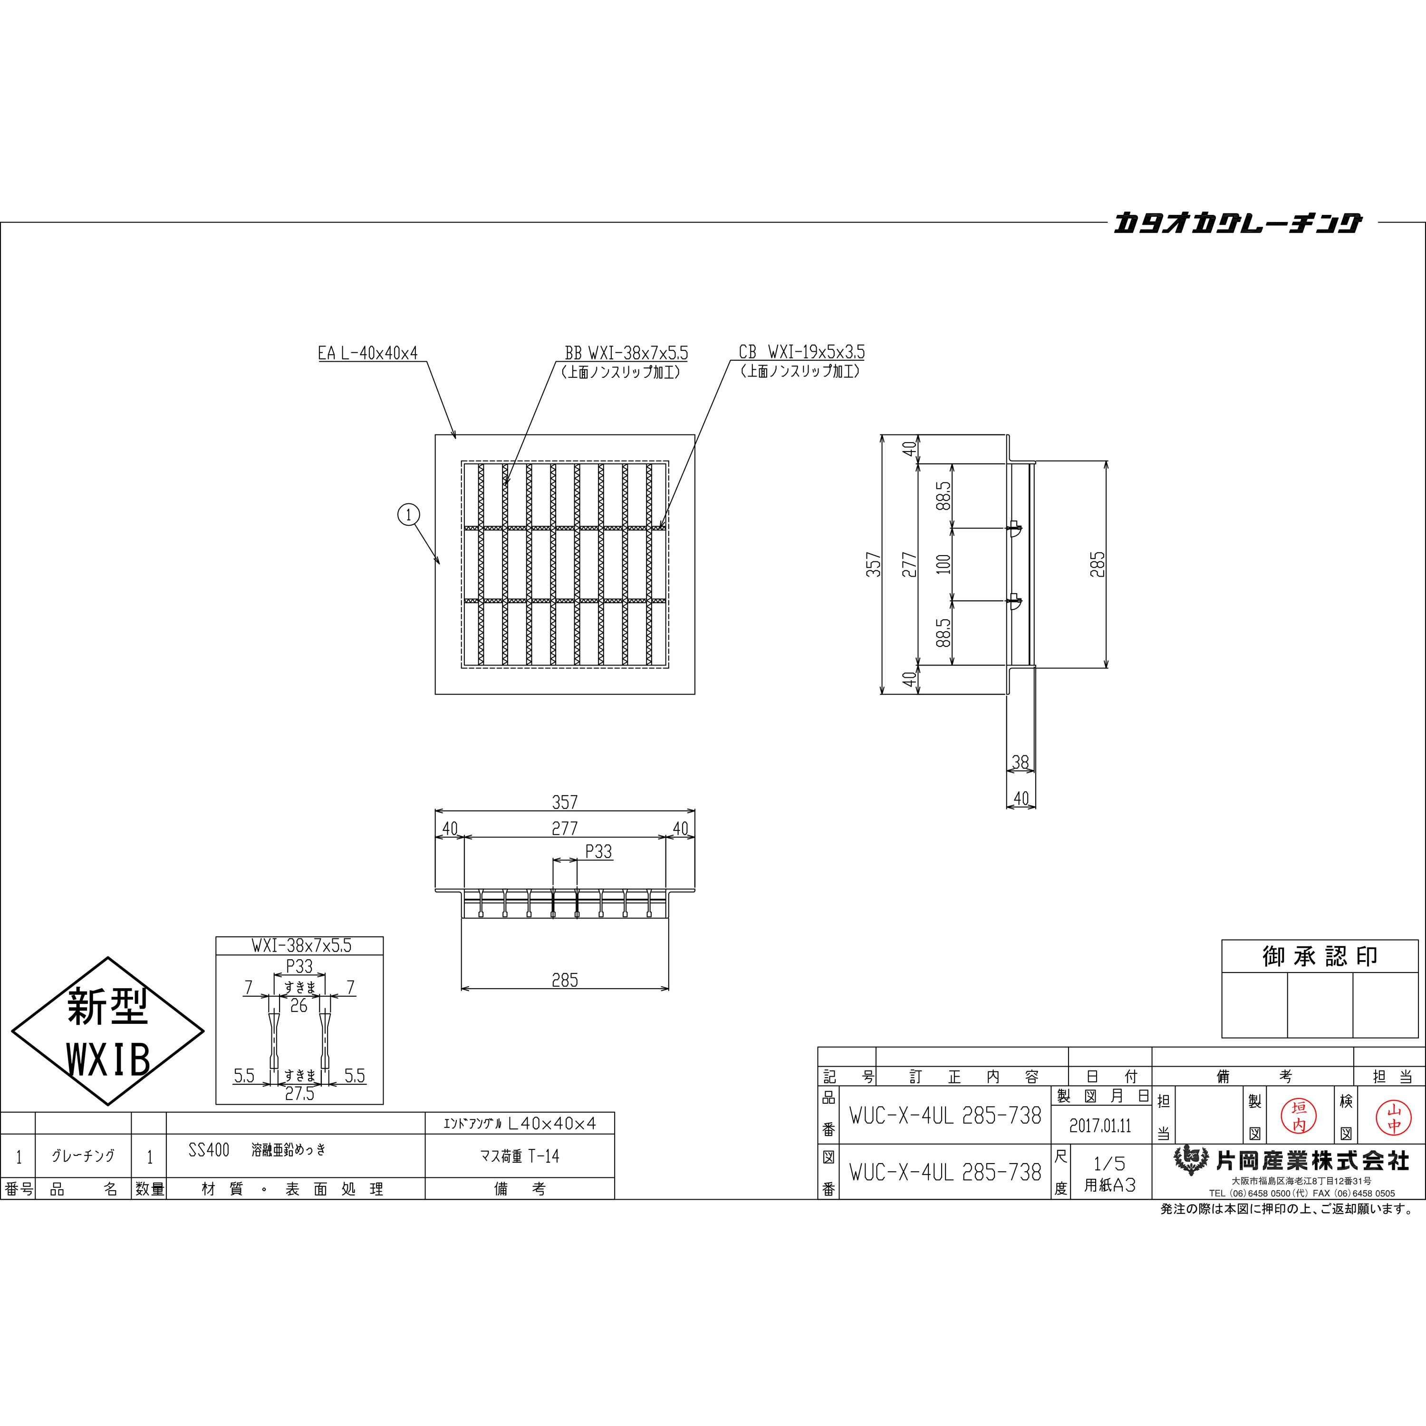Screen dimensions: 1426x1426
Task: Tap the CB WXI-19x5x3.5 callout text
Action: coord(801,352)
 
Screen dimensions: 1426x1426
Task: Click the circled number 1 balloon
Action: coord(409,514)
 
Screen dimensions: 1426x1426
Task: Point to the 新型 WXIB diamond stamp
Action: coord(108,1032)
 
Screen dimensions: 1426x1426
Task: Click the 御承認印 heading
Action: coord(1320,956)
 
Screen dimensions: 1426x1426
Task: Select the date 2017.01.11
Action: coord(1100,1126)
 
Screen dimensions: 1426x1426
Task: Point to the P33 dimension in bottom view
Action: coord(598,852)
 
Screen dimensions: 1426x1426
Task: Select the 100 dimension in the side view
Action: coord(943,565)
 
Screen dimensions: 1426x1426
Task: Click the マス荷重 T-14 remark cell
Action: coord(519,1156)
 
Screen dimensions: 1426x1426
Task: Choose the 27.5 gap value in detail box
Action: coord(299,1094)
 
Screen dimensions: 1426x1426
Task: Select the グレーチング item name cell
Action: coord(83,1156)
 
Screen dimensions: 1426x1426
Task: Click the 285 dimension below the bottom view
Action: coord(565,980)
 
